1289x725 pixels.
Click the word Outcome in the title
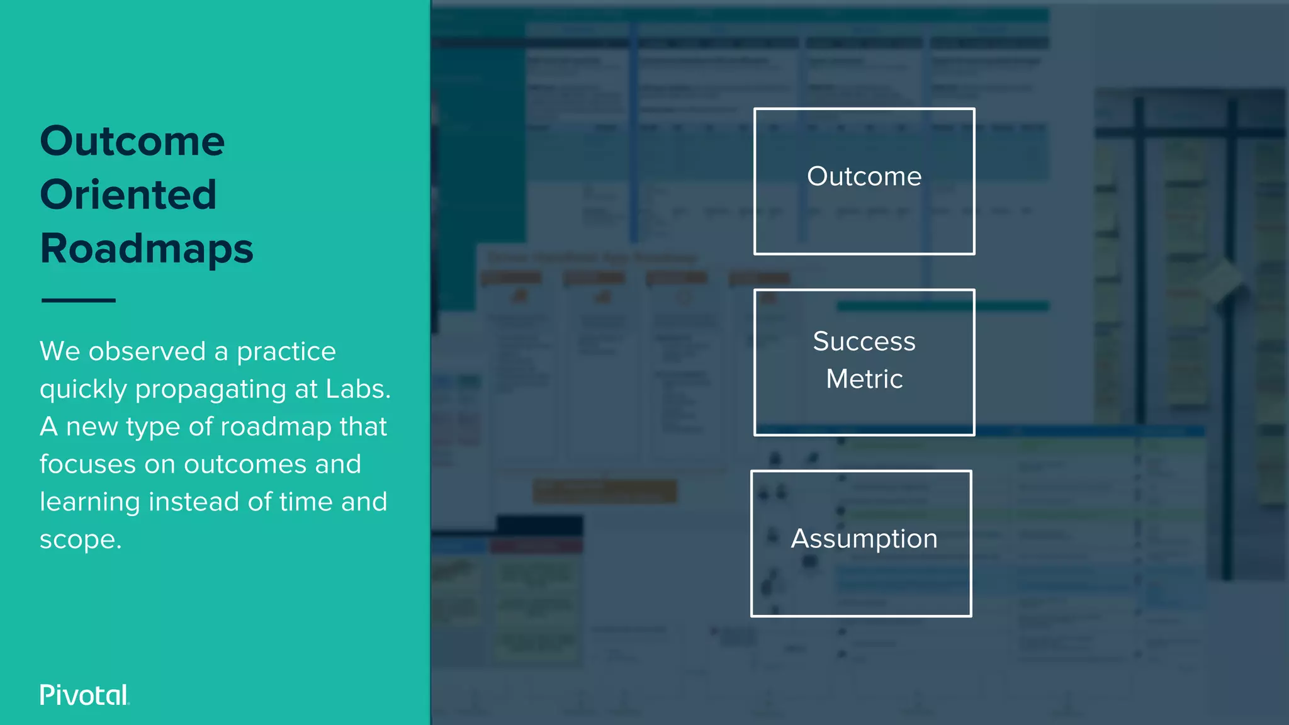click(x=132, y=141)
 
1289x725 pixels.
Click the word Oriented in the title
click(x=128, y=194)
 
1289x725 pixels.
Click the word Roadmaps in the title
click(x=146, y=249)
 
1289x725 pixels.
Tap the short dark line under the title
click(x=78, y=300)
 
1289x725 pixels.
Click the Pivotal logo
click(x=84, y=695)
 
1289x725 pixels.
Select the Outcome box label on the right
click(x=864, y=177)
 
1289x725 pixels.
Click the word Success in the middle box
click(x=864, y=342)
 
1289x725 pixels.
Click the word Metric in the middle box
click(x=864, y=379)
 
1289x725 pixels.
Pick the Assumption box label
click(x=864, y=539)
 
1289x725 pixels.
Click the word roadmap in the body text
click(x=276, y=427)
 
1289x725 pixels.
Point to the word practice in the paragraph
click(x=286, y=352)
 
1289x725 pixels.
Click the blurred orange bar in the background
click(x=604, y=492)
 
